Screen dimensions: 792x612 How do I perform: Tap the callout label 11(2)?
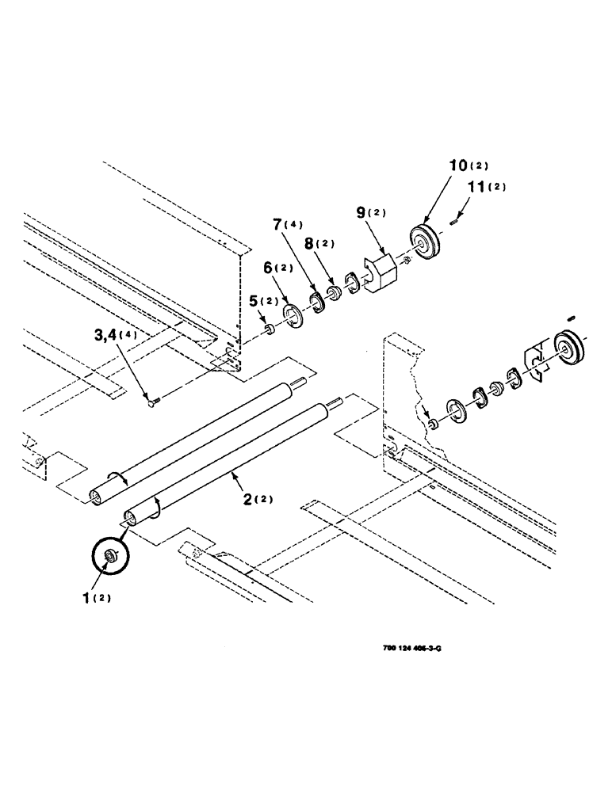(x=482, y=188)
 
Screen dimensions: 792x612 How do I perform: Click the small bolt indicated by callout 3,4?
(x=153, y=404)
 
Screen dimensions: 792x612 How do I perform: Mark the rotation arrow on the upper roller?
(x=117, y=476)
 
